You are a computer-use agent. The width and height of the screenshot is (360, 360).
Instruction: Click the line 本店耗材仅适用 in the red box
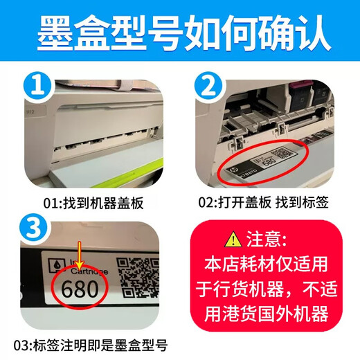click(x=267, y=267)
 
